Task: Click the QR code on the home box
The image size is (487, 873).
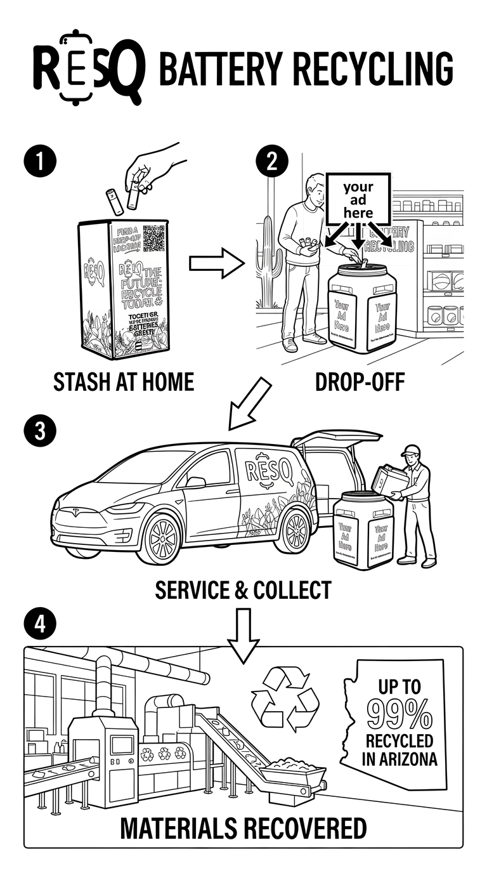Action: (154, 239)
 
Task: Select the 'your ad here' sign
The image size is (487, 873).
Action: (358, 198)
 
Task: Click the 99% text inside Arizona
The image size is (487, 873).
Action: (399, 715)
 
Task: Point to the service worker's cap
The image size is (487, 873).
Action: (411, 450)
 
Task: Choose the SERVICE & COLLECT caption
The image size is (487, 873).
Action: (243, 590)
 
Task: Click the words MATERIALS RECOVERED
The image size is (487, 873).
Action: (243, 828)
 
